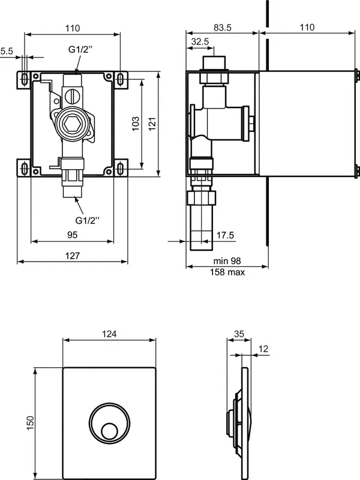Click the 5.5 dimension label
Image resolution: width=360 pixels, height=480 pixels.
7,52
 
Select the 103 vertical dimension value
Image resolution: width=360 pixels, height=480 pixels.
136,123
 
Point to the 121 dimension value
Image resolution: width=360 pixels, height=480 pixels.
152,123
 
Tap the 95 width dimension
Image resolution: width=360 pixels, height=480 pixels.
72,235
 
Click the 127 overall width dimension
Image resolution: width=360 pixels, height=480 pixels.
72,256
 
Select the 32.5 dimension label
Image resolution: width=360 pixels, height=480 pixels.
200,41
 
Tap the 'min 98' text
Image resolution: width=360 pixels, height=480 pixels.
227,261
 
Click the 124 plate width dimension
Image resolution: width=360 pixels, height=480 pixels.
109,334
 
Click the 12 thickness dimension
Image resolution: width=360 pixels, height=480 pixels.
263,349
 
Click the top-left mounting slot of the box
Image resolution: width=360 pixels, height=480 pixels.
25,80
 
